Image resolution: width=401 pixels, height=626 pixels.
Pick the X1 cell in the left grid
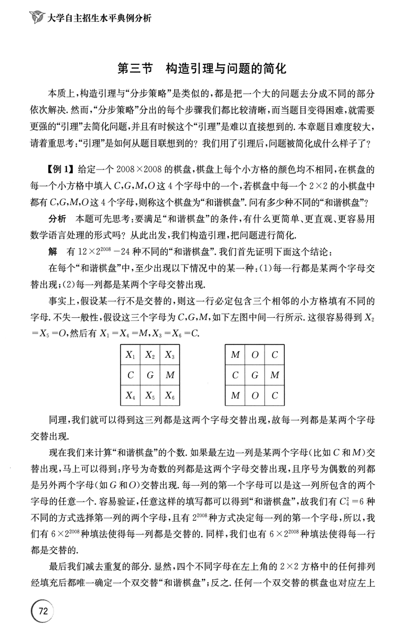pyautogui.click(x=130, y=354)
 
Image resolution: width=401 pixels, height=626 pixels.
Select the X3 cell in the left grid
pyautogui.click(x=170, y=354)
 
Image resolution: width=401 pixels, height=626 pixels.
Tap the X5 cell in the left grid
pyautogui.click(x=150, y=394)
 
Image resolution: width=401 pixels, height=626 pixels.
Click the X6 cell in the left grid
pyautogui.click(x=170, y=394)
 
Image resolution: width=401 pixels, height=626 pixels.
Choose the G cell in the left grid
pyautogui.click(x=150, y=375)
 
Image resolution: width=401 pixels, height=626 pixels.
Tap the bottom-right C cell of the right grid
pyautogui.click(x=274, y=394)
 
